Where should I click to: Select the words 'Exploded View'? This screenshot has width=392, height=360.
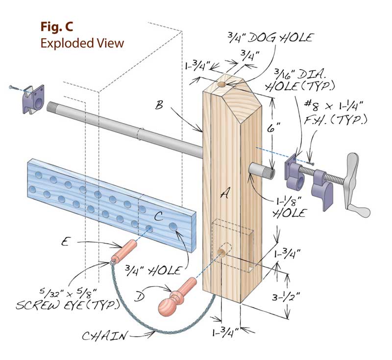click(x=82, y=43)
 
